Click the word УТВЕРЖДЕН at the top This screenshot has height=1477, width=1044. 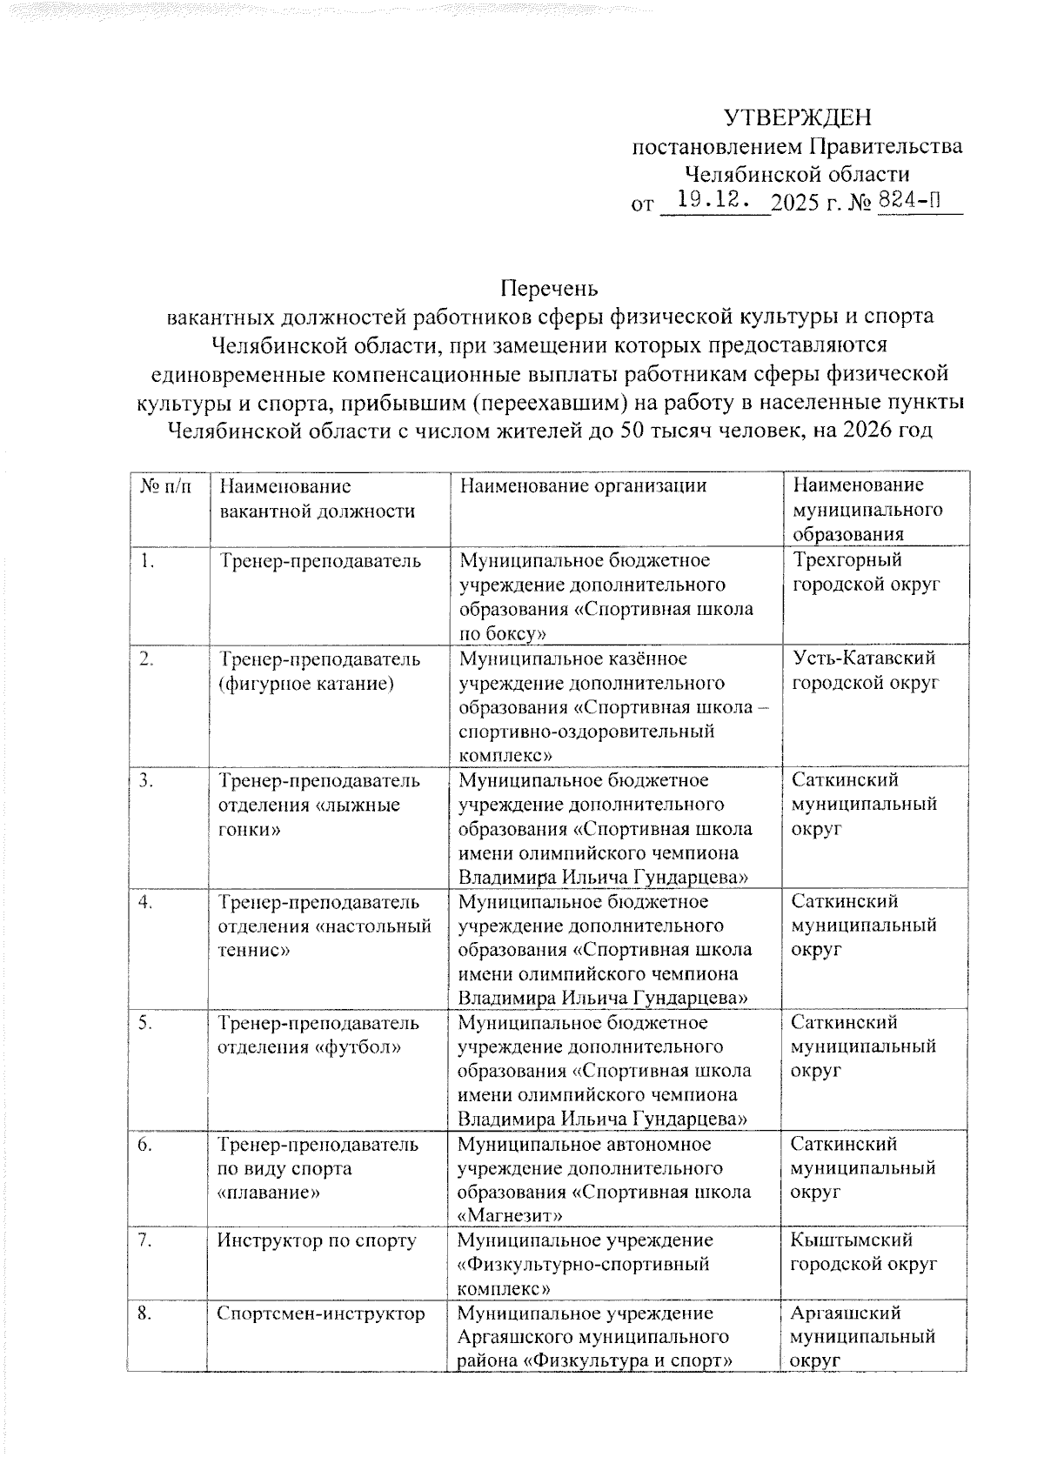click(x=798, y=117)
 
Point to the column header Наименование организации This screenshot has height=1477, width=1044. click(x=583, y=485)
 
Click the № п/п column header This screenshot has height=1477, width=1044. click(x=165, y=485)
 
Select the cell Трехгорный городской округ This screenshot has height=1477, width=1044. click(x=865, y=572)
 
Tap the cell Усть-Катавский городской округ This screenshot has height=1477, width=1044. click(x=865, y=671)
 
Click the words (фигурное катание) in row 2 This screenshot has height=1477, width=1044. click(x=306, y=684)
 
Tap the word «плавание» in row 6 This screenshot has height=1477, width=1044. click(x=269, y=1193)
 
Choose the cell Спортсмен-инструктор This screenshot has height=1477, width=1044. click(x=321, y=1313)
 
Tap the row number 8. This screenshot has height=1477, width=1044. click(x=146, y=1313)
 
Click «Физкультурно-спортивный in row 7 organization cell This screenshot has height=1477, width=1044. click(x=583, y=1264)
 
